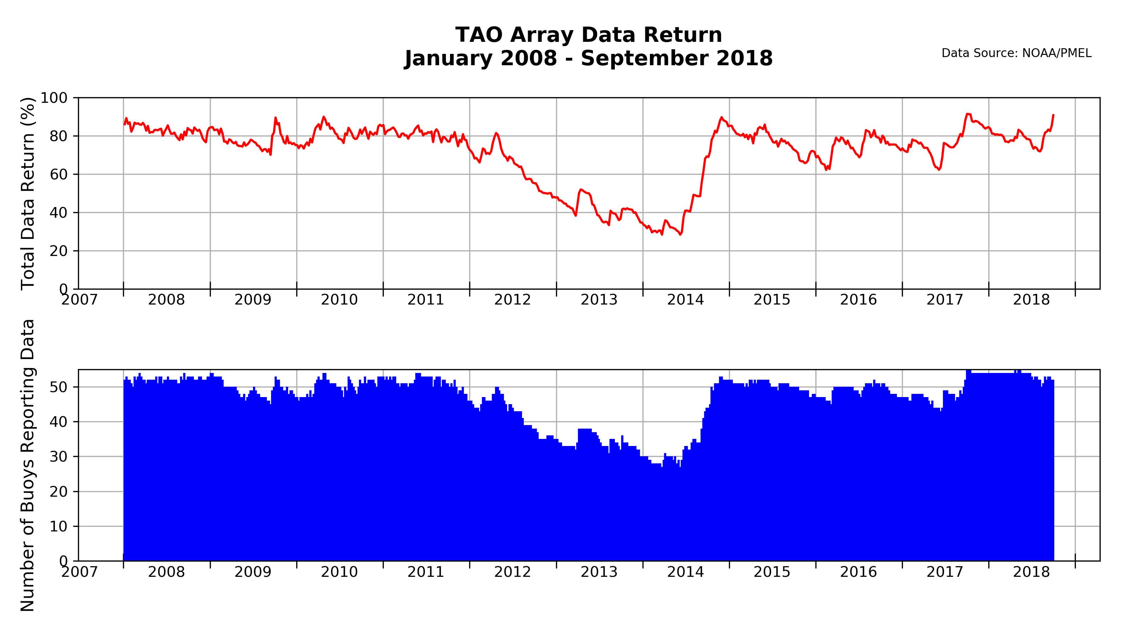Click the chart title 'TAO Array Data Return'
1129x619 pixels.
tap(588, 35)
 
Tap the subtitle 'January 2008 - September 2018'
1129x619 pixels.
tap(588, 58)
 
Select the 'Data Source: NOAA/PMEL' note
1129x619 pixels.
tap(1016, 54)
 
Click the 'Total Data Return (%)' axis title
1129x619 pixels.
tap(28, 193)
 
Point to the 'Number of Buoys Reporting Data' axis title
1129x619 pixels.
tap(28, 465)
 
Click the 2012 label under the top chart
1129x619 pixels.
tap(512, 300)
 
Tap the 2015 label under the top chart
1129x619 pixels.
tap(772, 300)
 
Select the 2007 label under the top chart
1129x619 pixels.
tap(79, 300)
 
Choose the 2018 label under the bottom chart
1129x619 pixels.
tap(1031, 572)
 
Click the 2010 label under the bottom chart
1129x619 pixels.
tap(339, 572)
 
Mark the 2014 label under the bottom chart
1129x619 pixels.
tap(685, 572)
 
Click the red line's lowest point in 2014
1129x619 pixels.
tap(680, 235)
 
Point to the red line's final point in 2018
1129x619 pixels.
tap(1053, 115)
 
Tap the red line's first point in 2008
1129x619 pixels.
tap(124, 124)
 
